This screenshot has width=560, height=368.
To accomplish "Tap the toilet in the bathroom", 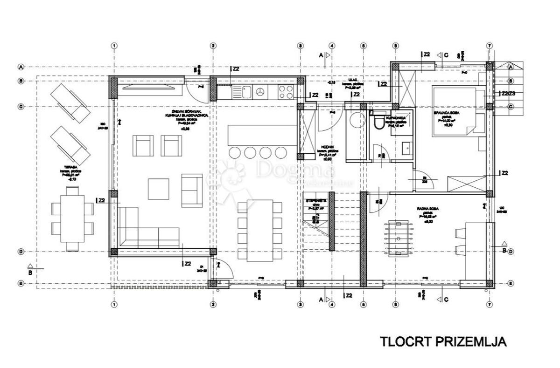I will pyautogui.click(x=378, y=122).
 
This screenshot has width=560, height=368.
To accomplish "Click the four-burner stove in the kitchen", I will pyautogui.click(x=287, y=92).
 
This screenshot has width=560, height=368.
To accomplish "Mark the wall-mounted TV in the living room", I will pyautogui.click(x=151, y=87).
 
